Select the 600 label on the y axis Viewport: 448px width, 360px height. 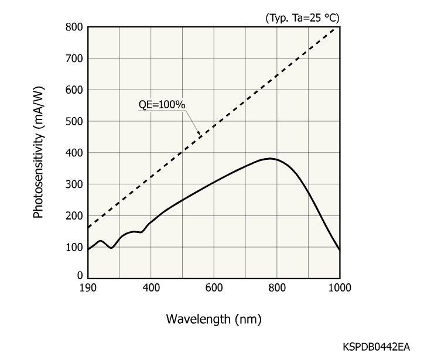click(74, 90)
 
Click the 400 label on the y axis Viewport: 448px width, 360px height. click(74, 153)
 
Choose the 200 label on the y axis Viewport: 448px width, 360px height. click(74, 216)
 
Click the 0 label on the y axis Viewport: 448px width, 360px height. click(80, 275)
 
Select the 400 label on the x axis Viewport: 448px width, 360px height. click(151, 288)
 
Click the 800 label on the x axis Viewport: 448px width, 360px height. click(276, 288)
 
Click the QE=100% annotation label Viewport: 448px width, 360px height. click(162, 105)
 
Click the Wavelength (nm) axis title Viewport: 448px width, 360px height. click(214, 319)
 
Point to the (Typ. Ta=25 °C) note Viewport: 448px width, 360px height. click(302, 18)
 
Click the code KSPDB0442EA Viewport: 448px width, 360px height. click(377, 347)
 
